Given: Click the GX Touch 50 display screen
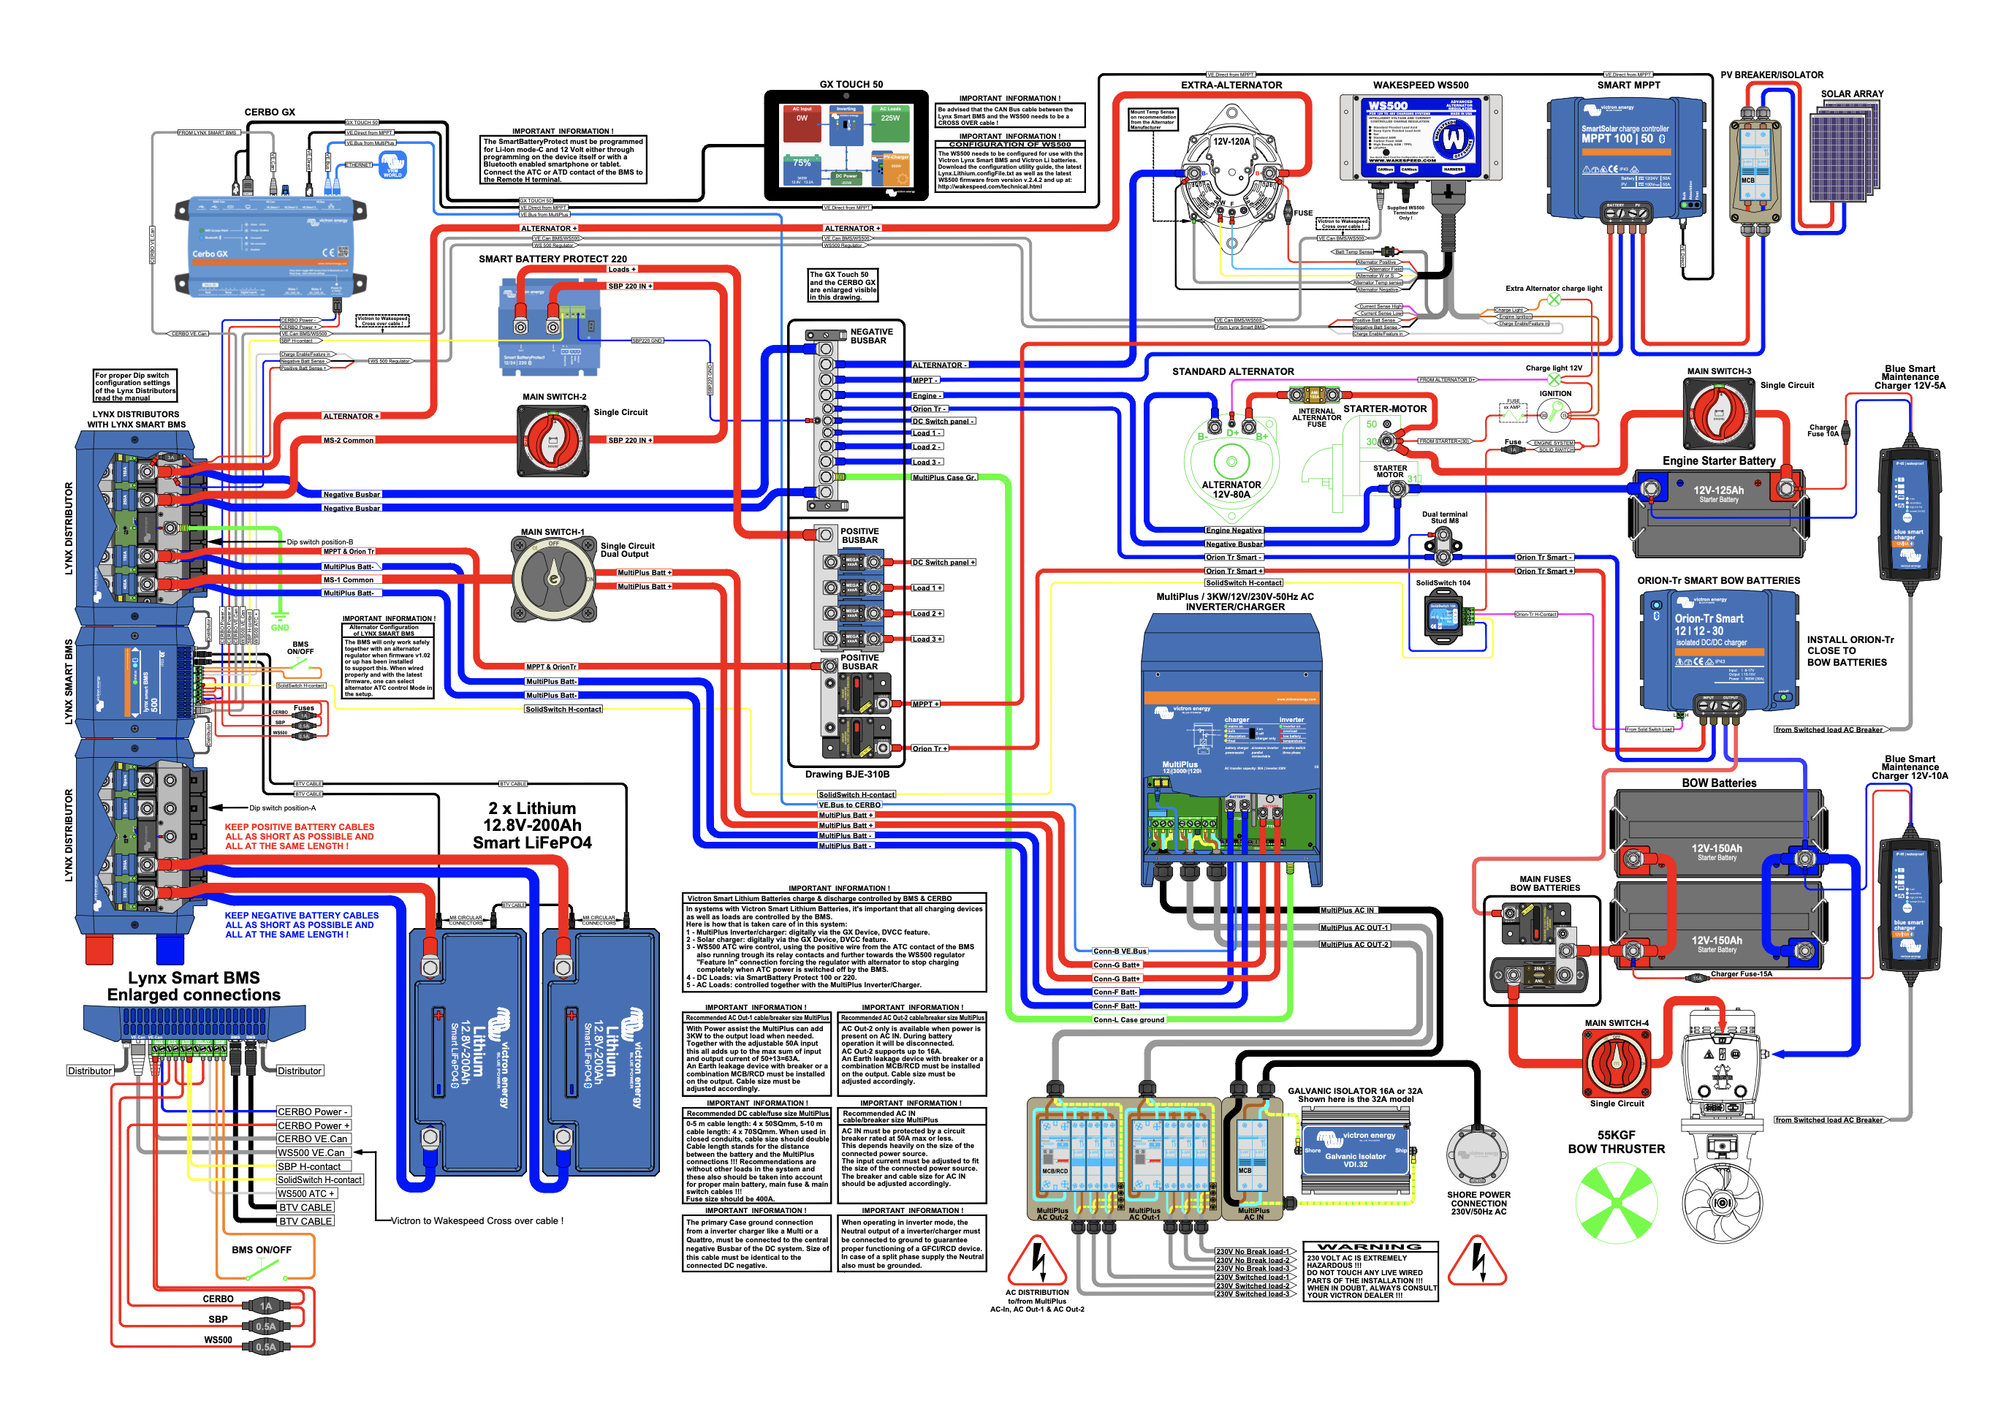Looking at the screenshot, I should pos(846,145).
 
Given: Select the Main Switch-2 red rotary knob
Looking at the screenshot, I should pos(554,441).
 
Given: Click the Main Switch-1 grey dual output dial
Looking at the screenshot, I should pos(553,578).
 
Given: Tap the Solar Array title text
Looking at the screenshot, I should pos(1851,94).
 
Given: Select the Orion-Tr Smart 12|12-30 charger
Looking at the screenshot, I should pos(1717,650).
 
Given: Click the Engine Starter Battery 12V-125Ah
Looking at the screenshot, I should pos(1717,514).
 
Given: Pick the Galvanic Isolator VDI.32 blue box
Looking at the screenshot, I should pos(1354,1151).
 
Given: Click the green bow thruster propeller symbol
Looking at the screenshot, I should pos(1616,1203).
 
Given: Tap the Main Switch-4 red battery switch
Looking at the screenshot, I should pos(1616,1063).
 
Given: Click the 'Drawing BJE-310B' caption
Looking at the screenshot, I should pos(846,774).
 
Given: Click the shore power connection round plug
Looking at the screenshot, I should pos(1477,1155).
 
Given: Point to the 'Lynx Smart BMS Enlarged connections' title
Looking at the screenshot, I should pos(194,986).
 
